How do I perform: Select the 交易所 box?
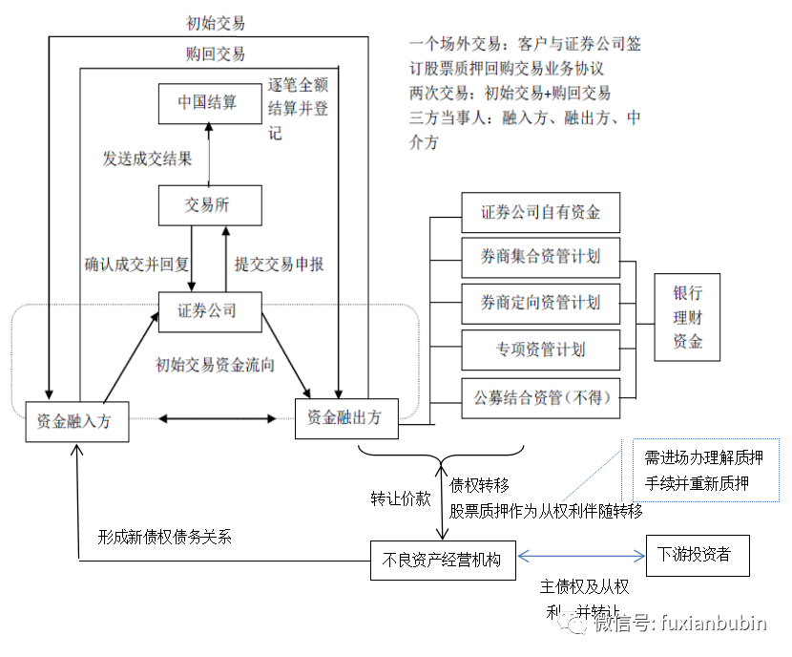click(x=208, y=205)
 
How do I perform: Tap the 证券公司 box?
click(x=207, y=310)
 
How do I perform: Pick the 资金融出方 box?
click(x=344, y=418)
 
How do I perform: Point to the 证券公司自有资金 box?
click(x=540, y=212)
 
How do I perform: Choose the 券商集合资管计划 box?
click(x=540, y=257)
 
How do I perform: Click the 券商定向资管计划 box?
click(x=540, y=303)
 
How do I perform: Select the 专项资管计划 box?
click(x=540, y=349)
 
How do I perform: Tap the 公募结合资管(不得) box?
click(x=540, y=398)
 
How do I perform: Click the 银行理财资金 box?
click(x=688, y=317)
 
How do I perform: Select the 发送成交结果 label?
click(x=147, y=159)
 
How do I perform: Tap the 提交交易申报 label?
click(x=280, y=264)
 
